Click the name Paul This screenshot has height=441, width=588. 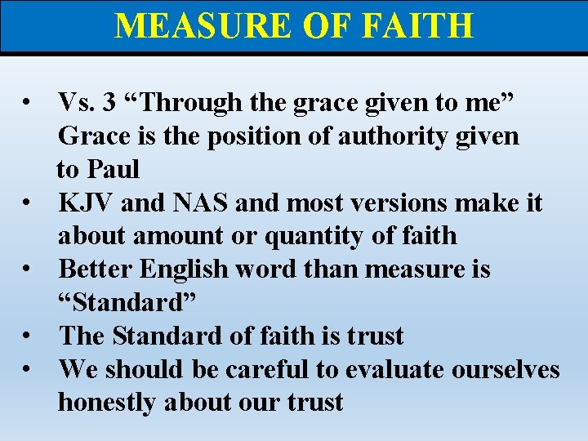coord(114,169)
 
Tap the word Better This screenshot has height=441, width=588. coord(93,269)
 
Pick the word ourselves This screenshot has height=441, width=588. coord(495,369)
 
